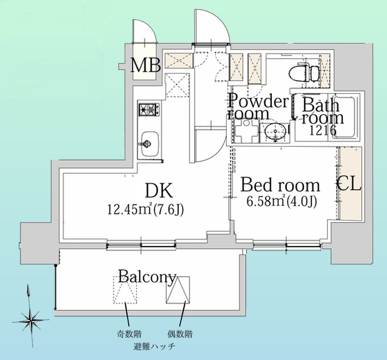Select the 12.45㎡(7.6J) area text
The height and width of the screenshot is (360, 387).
tap(146, 209)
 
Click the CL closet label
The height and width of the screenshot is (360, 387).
tap(349, 184)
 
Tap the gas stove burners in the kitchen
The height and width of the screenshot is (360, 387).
tap(148, 110)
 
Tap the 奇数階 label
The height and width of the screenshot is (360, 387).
tap(127, 334)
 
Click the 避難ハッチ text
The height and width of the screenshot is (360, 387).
tap(154, 346)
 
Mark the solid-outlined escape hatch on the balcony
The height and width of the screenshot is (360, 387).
tap(178, 290)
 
